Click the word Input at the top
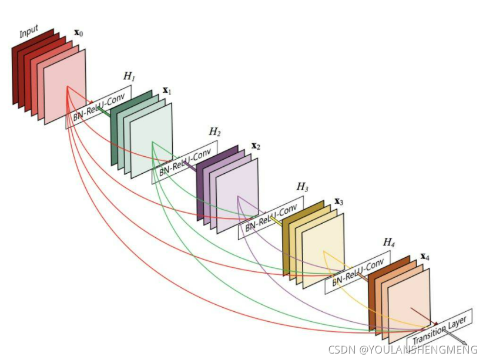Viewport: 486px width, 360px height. click(29, 32)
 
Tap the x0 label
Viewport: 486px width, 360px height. click(78, 33)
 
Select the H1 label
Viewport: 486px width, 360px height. click(129, 77)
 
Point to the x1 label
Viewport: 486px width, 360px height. click(167, 91)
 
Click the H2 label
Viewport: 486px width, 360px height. click(214, 132)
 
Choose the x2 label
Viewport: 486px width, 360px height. click(255, 146)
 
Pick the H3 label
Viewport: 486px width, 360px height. click(302, 187)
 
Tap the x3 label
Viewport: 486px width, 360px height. click(339, 201)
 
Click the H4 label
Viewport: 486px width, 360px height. click(389, 242)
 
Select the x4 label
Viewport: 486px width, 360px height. click(425, 257)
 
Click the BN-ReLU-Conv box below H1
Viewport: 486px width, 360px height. click(99, 106)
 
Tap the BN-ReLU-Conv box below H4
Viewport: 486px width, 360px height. click(357, 272)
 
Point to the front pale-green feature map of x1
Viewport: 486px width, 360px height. click(152, 141)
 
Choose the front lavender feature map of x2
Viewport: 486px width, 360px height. click(237, 196)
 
